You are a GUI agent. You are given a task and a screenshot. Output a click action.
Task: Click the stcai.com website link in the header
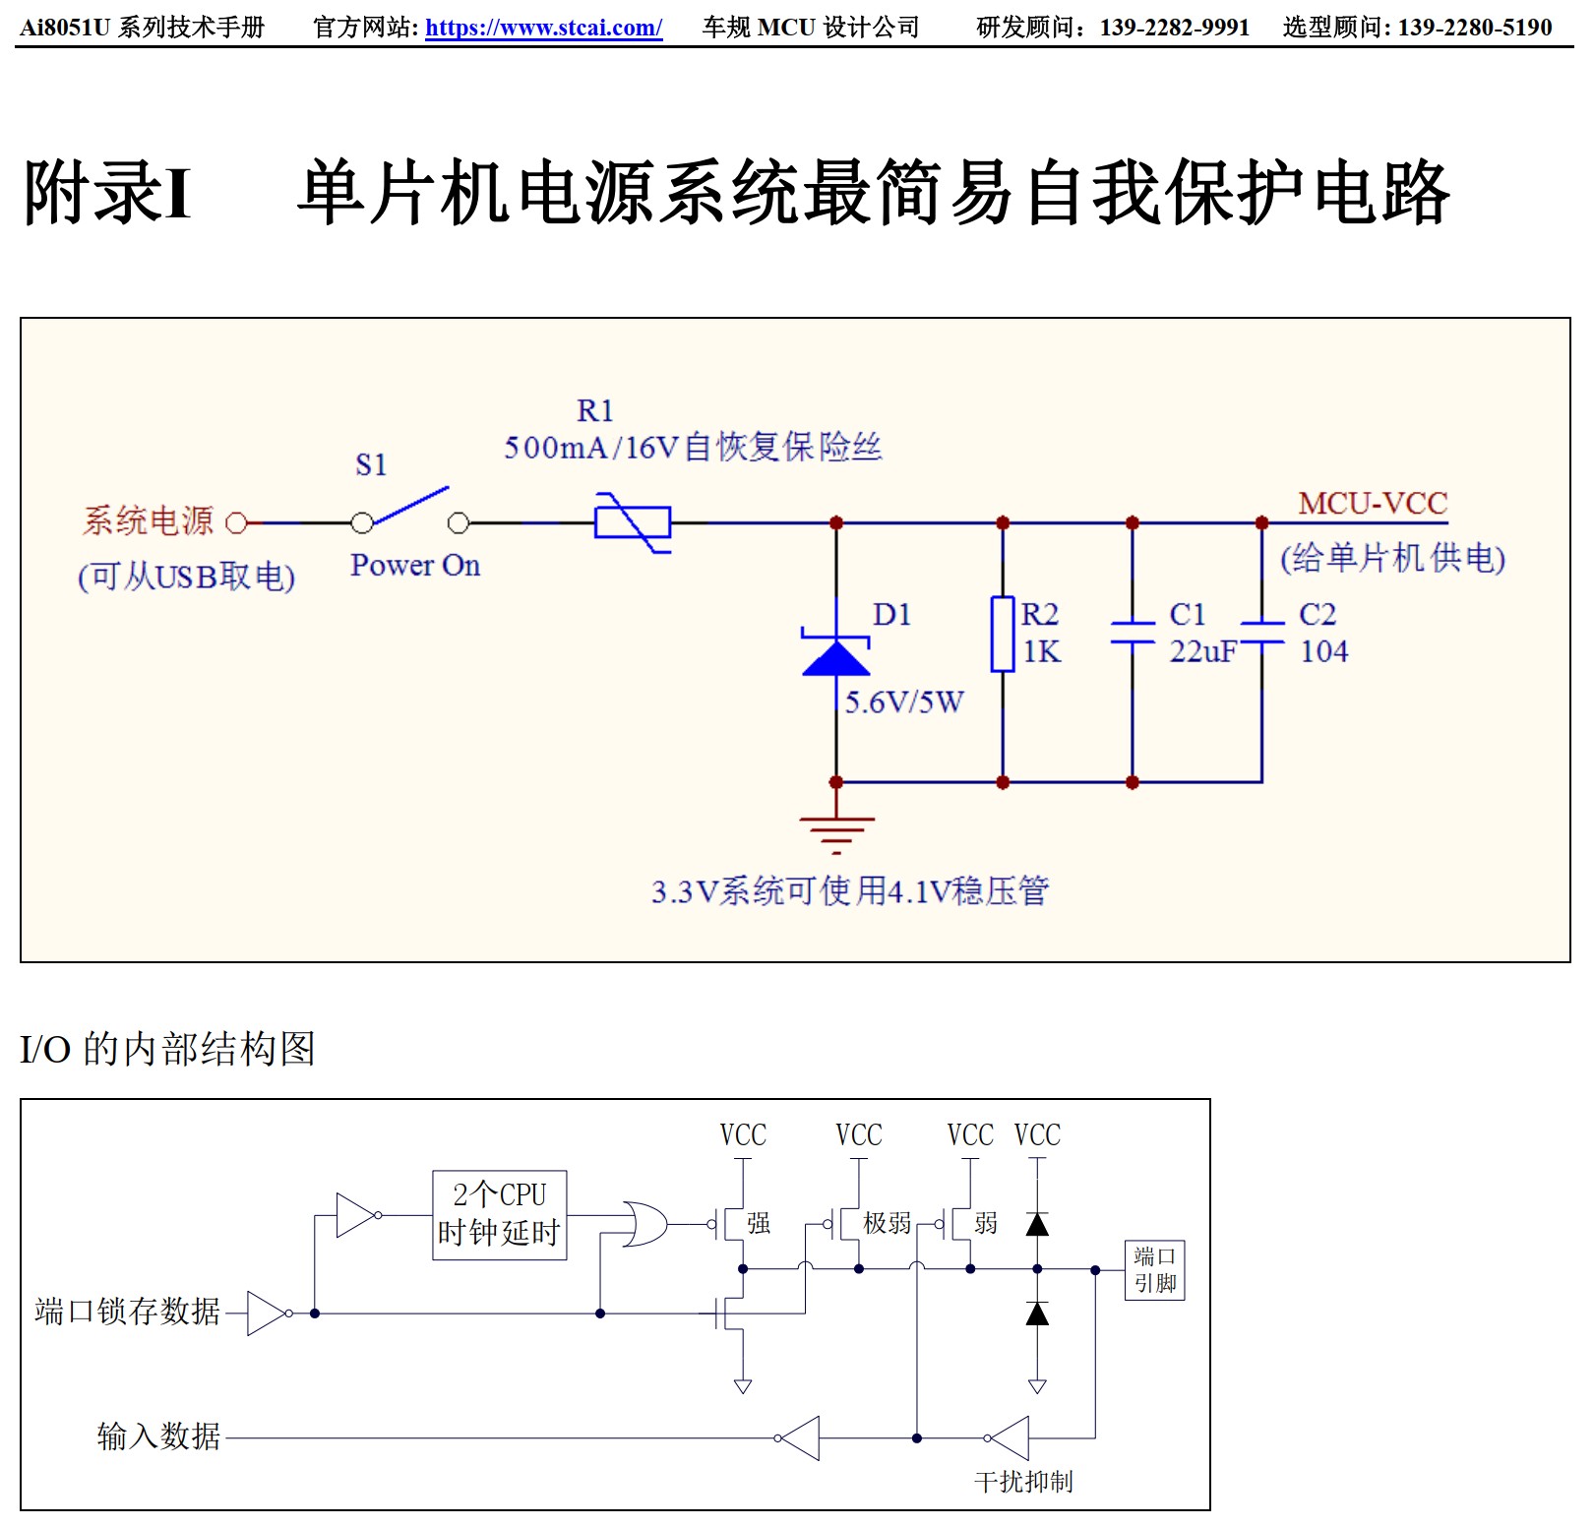pyautogui.click(x=543, y=28)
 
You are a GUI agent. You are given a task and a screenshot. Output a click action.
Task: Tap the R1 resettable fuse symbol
pyautogui.click(x=633, y=522)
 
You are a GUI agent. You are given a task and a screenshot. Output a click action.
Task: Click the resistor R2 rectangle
pyautogui.click(x=1003, y=634)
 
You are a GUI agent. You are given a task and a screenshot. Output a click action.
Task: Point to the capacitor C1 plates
pyautogui.click(x=1133, y=633)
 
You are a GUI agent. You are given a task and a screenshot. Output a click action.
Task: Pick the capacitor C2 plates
pyautogui.click(x=1262, y=633)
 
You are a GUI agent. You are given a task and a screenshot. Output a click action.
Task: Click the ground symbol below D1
pyautogui.click(x=836, y=832)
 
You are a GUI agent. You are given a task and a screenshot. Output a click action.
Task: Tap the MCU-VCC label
pyautogui.click(x=1373, y=504)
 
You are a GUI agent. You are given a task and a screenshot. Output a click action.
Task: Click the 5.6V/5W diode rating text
pyautogui.click(x=904, y=702)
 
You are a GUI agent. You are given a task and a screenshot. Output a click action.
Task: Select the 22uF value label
pyautogui.click(x=1202, y=651)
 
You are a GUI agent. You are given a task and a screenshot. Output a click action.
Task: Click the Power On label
pyautogui.click(x=415, y=566)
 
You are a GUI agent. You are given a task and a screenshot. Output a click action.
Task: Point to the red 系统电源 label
pyautogui.click(x=148, y=520)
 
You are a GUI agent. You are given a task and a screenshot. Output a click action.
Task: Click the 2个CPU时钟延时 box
pyautogui.click(x=500, y=1214)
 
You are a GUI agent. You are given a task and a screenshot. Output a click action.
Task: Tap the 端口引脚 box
pyautogui.click(x=1154, y=1270)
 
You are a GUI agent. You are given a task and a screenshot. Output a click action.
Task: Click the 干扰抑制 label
pyautogui.click(x=1023, y=1482)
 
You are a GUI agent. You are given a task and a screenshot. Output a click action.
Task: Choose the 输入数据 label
pyautogui.click(x=158, y=1436)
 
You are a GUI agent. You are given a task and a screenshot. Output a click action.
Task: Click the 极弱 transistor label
pyautogui.click(x=888, y=1223)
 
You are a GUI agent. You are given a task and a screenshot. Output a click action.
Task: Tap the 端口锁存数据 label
pyautogui.click(x=127, y=1312)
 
